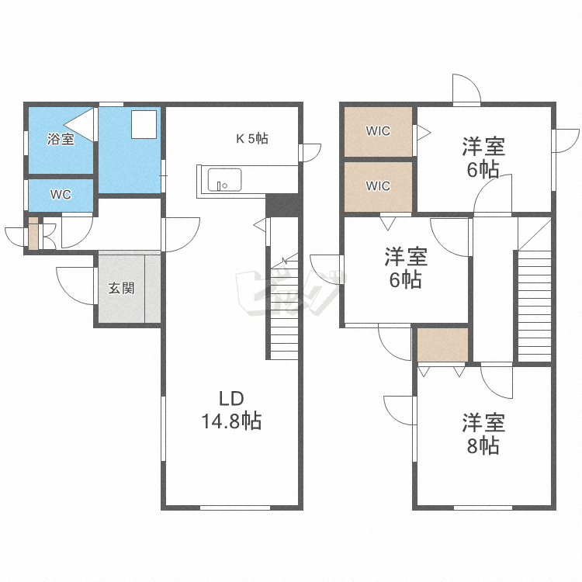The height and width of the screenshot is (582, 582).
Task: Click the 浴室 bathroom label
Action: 61,140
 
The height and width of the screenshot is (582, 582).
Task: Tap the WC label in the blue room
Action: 61,195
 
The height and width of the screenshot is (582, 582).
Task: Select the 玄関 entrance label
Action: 121,288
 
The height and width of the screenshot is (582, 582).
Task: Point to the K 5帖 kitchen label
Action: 252,139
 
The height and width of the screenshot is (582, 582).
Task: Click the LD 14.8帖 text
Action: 231,411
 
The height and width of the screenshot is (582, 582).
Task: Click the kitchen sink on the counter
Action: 223,180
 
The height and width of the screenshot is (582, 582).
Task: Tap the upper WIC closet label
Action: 378,131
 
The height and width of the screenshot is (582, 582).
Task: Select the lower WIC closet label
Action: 378,186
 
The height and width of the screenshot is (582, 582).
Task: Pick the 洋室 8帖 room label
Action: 484,435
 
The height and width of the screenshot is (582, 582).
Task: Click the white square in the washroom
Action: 144,124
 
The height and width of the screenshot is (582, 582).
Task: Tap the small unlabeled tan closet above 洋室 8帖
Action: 442,345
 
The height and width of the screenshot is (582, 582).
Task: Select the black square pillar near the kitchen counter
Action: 282,206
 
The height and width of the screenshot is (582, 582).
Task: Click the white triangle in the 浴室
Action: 81,123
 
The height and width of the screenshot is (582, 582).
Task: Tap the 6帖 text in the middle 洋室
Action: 406,280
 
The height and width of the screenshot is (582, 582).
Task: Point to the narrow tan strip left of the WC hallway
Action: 33,234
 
